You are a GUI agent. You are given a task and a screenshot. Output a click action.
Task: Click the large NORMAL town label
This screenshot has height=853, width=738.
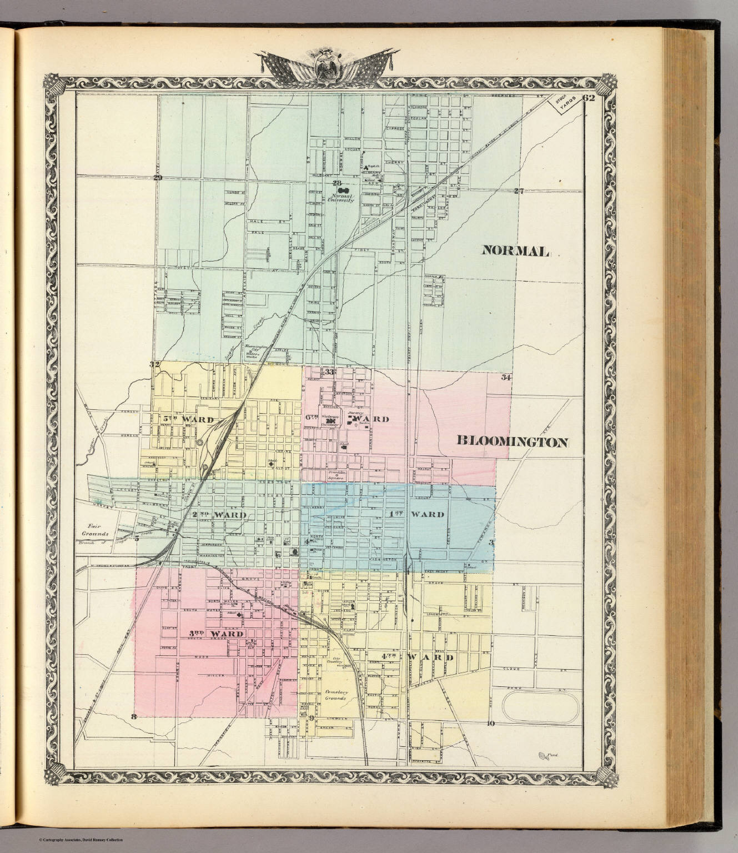click(x=515, y=251)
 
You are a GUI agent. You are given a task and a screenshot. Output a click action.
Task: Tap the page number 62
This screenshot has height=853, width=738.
click(x=589, y=99)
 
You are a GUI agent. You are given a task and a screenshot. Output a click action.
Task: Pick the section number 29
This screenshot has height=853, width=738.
click(x=158, y=178)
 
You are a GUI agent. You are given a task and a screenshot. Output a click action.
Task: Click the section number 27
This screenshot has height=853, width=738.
click(x=519, y=192)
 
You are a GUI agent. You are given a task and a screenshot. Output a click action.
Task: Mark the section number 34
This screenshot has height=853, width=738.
click(x=505, y=378)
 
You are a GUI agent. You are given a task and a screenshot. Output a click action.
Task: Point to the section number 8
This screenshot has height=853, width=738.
click(x=133, y=716)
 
